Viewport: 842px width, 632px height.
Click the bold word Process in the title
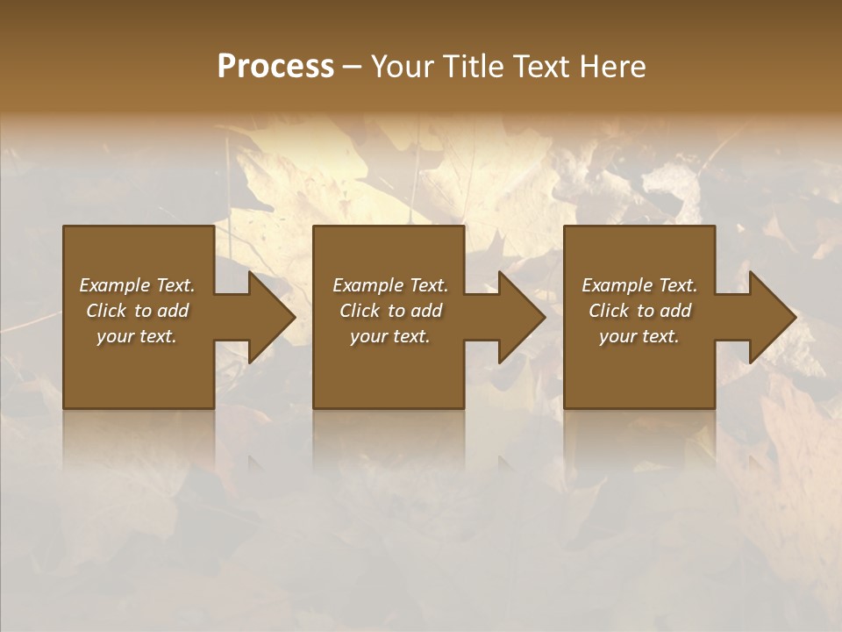click(275, 67)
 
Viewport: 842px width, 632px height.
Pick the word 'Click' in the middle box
click(359, 311)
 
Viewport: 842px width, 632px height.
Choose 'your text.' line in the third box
click(639, 336)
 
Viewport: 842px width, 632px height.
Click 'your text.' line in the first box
click(137, 336)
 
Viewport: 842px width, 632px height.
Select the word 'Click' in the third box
click(609, 311)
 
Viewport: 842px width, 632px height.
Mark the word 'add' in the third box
click(675, 311)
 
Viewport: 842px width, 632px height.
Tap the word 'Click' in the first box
click(106, 311)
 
